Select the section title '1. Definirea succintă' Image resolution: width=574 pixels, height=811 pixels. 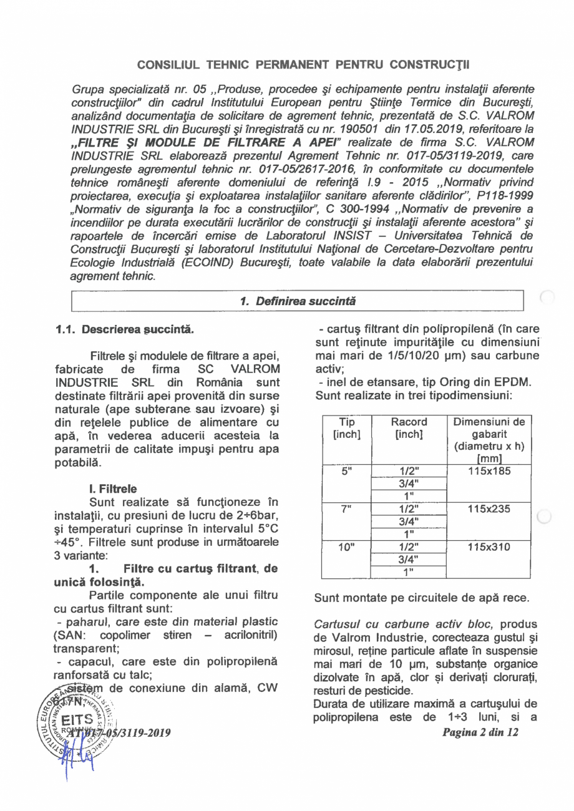coord(298,301)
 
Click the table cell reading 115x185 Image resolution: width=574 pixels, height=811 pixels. coord(489,472)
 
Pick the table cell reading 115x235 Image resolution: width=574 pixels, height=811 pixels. coord(489,509)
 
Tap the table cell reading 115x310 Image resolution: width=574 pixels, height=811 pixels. coord(489,547)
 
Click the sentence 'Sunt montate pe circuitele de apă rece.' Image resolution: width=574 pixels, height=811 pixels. coord(422,599)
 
